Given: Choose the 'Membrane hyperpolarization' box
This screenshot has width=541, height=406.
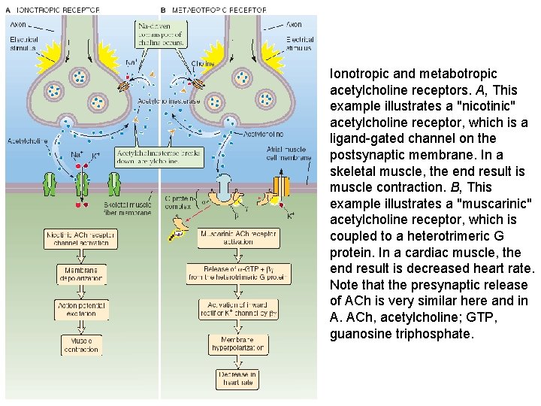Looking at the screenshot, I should (237, 344).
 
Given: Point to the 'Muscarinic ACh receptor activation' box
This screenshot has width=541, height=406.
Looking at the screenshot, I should (237, 238).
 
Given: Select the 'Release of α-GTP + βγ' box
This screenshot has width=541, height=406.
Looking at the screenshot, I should (237, 273).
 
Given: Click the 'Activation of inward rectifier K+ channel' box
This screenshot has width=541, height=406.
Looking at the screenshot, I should (237, 308).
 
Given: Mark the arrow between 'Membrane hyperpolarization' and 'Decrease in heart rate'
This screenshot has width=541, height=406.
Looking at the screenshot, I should (237, 360).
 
